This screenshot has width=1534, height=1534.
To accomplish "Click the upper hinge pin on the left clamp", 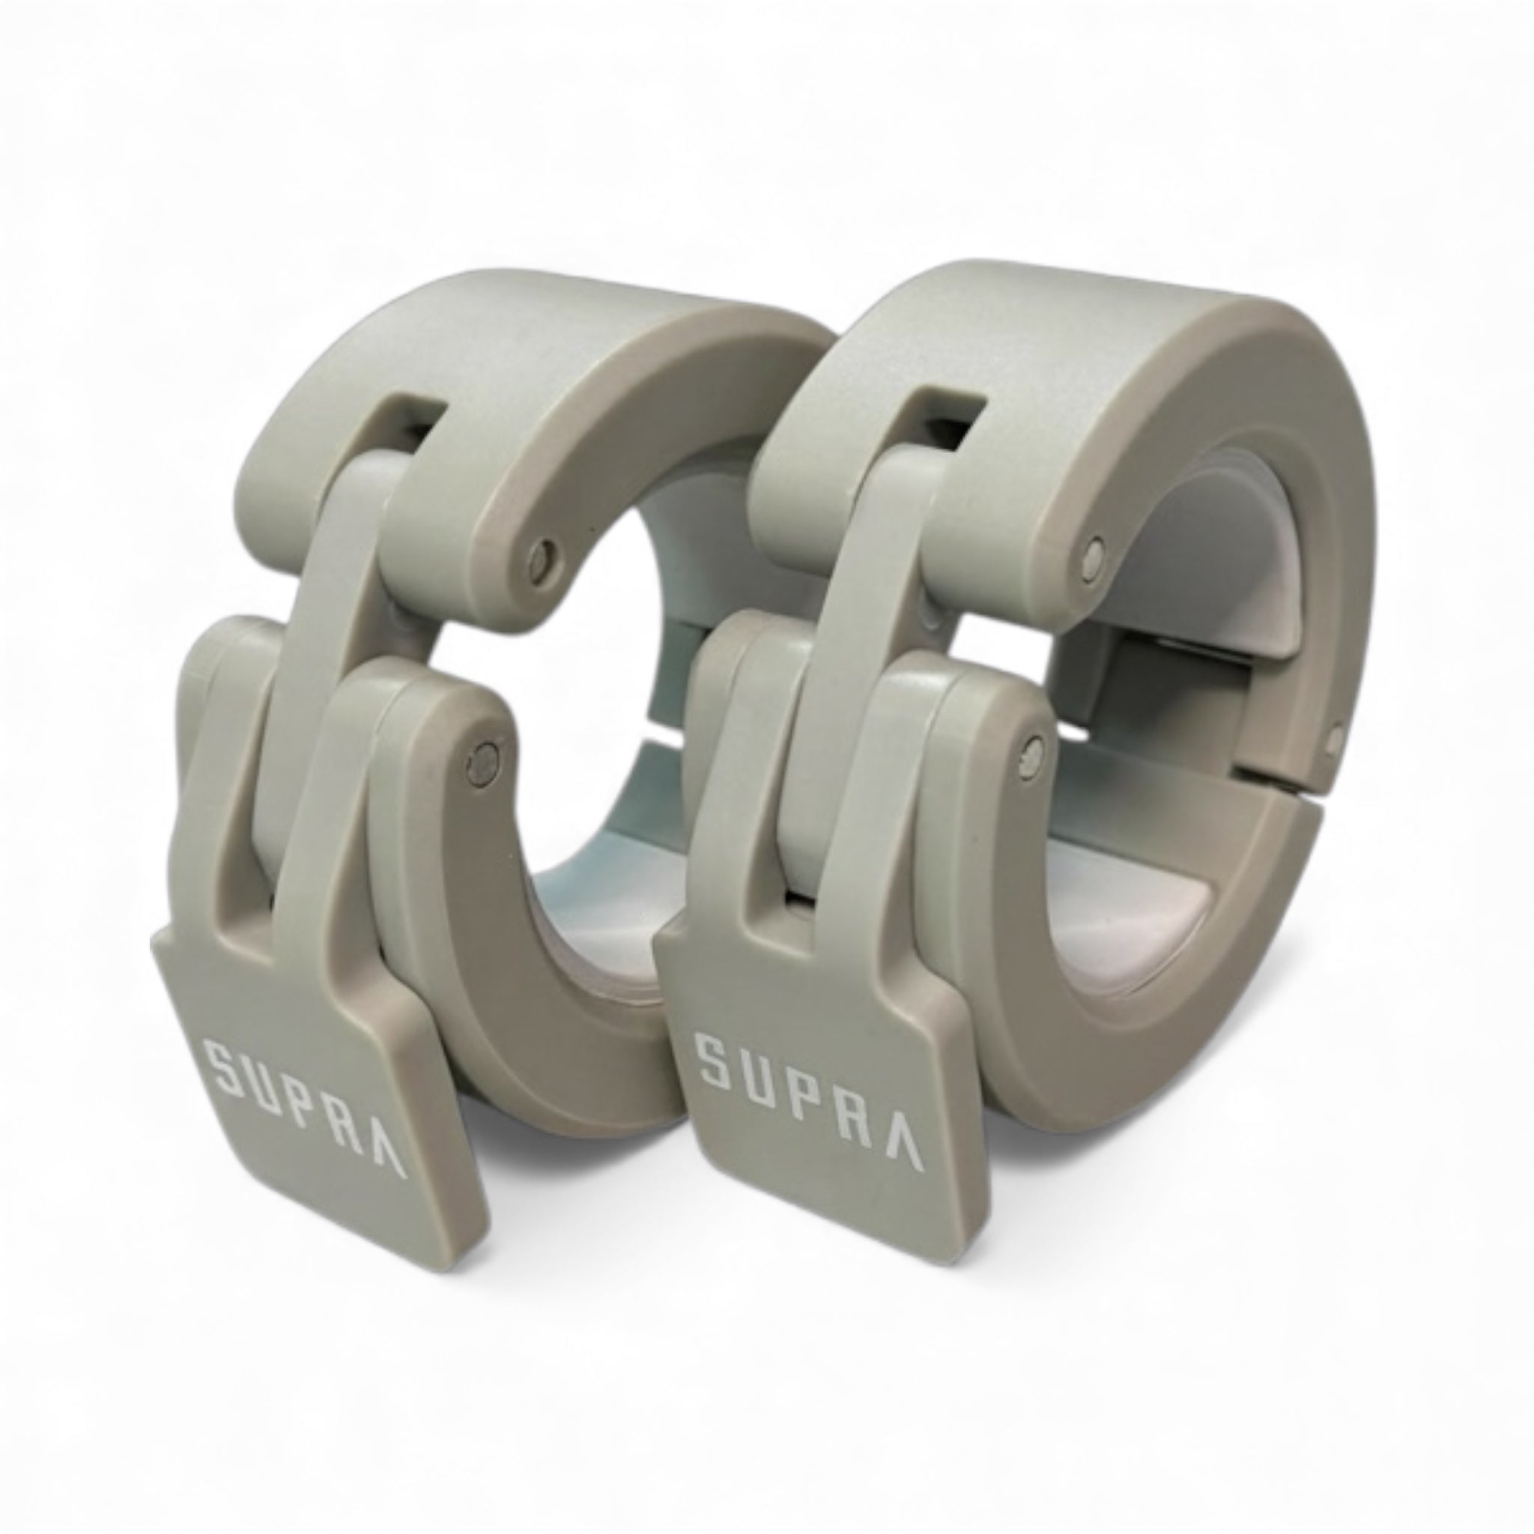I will click(x=542, y=554).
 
